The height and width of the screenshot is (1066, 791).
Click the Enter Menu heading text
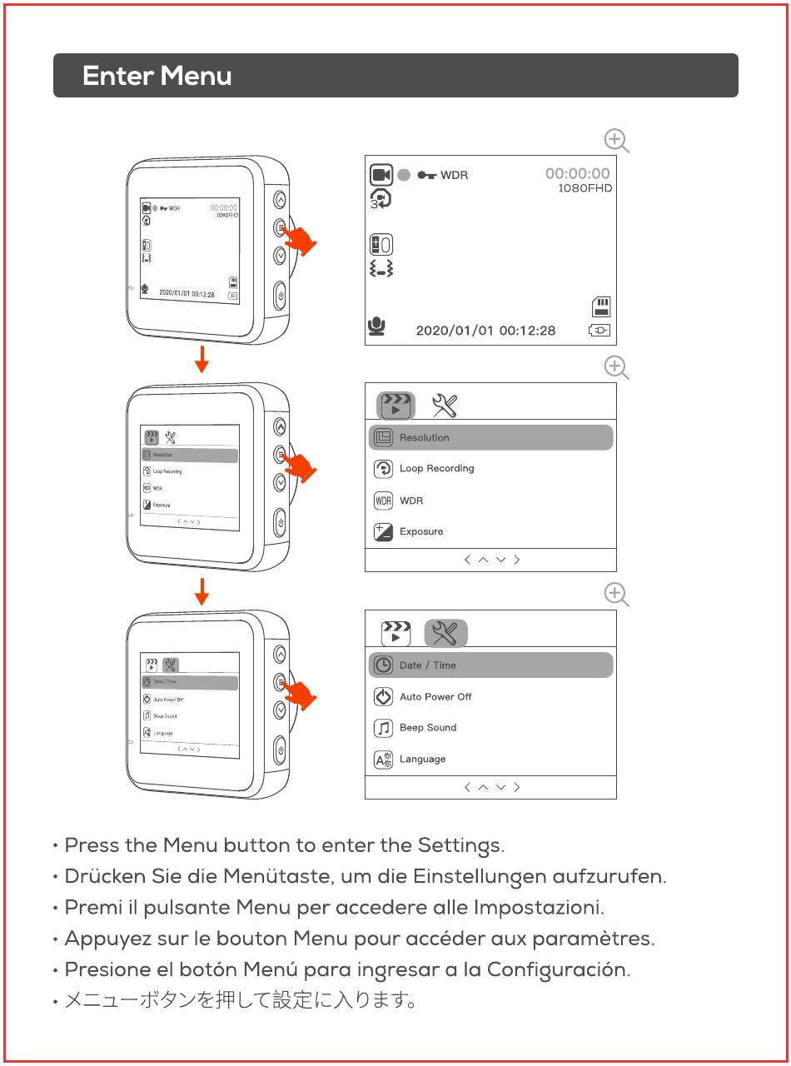(157, 76)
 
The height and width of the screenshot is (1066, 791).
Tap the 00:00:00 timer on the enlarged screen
(577, 173)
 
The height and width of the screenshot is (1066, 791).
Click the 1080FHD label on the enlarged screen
(585, 188)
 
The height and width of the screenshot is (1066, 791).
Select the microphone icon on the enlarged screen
(376, 326)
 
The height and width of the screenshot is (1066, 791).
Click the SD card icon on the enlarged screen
(601, 306)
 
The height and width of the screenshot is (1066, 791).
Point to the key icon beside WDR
(427, 175)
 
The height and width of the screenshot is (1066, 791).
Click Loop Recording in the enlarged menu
(436, 469)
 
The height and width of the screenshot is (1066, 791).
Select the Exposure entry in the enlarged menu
(421, 531)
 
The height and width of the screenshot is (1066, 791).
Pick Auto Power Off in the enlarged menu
(435, 697)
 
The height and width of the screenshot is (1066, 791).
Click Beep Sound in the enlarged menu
(428, 728)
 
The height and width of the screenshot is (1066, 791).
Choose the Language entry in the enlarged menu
(422, 760)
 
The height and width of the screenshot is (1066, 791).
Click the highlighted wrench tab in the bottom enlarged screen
(445, 633)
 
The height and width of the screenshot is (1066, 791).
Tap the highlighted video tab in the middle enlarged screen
(396, 405)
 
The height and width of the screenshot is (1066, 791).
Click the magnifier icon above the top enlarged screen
(616, 141)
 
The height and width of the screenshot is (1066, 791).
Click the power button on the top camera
(281, 296)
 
